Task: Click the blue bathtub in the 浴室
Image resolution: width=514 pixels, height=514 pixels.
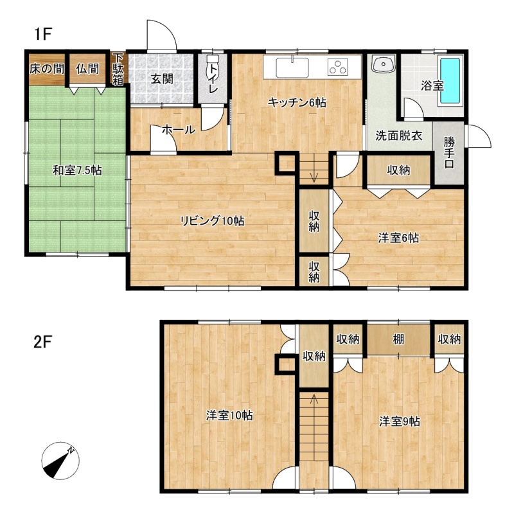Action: point(450,81)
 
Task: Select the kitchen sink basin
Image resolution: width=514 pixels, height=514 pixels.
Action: point(292,68)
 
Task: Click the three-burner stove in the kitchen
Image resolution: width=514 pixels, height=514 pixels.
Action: point(339,67)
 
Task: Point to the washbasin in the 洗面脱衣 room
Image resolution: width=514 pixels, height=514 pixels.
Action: point(383,64)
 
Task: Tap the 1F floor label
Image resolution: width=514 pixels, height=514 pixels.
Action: point(43,33)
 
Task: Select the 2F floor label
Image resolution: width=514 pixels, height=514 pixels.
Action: point(43,342)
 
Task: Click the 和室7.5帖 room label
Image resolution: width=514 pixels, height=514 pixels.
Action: point(77,170)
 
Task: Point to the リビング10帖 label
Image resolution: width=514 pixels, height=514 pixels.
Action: point(213,221)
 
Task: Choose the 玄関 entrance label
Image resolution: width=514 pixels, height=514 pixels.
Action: point(162,79)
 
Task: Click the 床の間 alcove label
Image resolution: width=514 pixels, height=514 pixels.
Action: point(47,69)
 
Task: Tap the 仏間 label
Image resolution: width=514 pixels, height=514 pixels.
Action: point(87,69)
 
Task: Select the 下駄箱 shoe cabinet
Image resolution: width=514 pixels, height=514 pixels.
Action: point(118,69)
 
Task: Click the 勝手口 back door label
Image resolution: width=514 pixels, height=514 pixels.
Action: point(449,152)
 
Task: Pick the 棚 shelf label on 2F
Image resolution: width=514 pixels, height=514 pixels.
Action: point(398,339)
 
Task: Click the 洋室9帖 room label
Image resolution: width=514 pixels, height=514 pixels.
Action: point(399,421)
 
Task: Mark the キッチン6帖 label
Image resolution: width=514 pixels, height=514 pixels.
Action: point(297,103)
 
